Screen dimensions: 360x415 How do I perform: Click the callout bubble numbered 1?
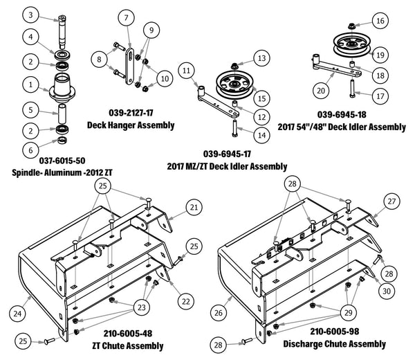click(x=30, y=84)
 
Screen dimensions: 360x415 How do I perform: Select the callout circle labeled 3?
click(x=30, y=15)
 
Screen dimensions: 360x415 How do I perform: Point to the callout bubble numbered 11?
click(x=187, y=70)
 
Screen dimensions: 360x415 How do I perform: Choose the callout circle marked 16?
click(x=380, y=21)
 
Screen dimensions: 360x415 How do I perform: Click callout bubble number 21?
click(x=194, y=207)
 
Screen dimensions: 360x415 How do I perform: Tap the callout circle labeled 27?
click(x=392, y=201)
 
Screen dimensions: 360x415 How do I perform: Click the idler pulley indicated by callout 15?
click(x=229, y=84)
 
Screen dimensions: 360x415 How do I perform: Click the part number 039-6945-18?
click(x=342, y=114)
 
